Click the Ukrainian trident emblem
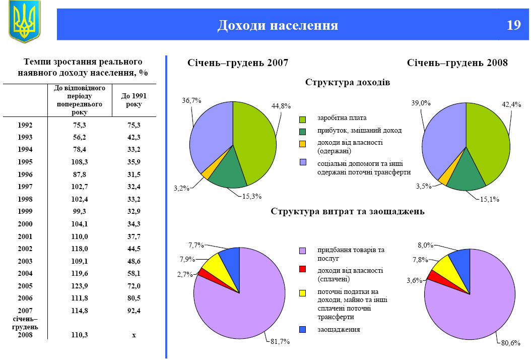pyautogui.click(x=24, y=21)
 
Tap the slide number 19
pyautogui.click(x=513, y=25)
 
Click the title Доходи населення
pyautogui.click(x=278, y=25)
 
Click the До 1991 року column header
pyautogui.click(x=134, y=100)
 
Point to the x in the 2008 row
pyautogui.click(x=134, y=335)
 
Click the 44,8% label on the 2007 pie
pyautogui.click(x=282, y=106)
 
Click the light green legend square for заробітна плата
pyautogui.click(x=303, y=119)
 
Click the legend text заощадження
pyautogui.click(x=339, y=329)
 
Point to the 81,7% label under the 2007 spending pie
pyautogui.click(x=280, y=342)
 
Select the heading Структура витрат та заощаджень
pyautogui.click(x=348, y=211)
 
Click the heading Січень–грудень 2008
pyautogui.click(x=457, y=63)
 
